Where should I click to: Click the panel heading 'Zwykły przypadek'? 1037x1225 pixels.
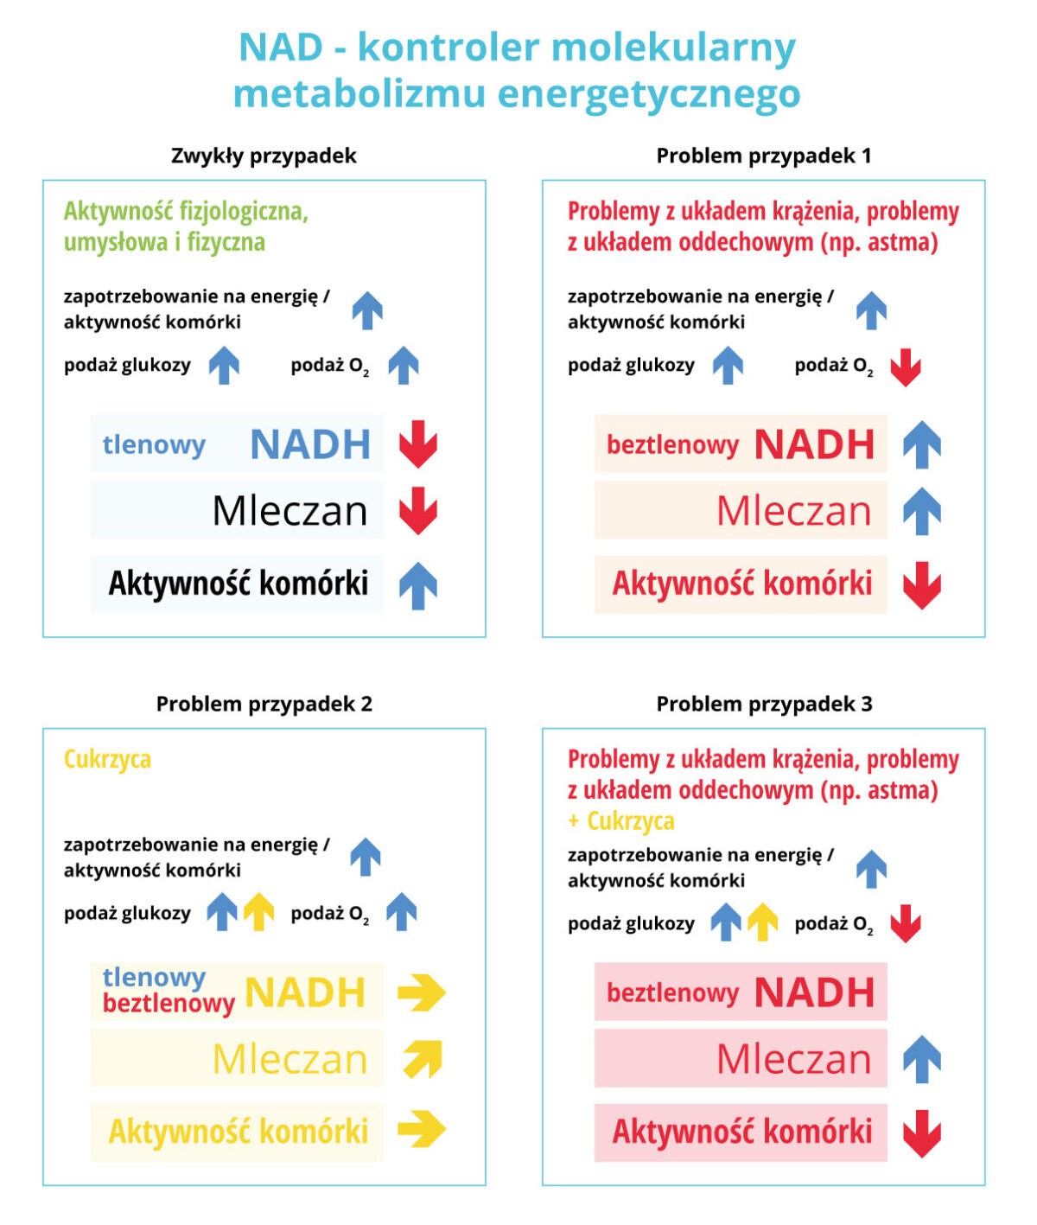click(264, 156)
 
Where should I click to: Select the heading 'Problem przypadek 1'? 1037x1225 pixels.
click(764, 156)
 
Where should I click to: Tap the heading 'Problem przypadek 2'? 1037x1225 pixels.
click(264, 704)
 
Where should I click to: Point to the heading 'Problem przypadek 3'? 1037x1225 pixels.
click(765, 704)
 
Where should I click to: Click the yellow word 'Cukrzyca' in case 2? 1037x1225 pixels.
click(107, 759)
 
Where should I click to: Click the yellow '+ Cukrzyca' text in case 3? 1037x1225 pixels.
click(621, 821)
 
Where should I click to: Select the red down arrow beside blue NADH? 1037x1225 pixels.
click(417, 444)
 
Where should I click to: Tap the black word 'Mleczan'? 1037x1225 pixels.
click(289, 511)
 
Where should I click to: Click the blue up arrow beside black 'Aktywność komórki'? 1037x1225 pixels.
click(417, 585)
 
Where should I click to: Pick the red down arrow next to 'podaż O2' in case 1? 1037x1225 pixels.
click(906, 367)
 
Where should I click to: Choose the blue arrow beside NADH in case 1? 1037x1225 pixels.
click(922, 444)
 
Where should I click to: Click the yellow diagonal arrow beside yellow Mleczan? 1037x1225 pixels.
click(423, 1059)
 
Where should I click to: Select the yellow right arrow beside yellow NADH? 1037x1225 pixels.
click(422, 992)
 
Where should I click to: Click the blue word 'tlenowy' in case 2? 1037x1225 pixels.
click(154, 978)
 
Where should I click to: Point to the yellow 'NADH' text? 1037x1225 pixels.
click(304, 992)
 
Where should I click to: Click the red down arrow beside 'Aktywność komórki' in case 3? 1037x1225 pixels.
click(922, 1133)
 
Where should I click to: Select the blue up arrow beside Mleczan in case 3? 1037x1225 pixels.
click(922, 1060)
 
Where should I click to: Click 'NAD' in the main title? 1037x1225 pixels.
click(281, 48)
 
